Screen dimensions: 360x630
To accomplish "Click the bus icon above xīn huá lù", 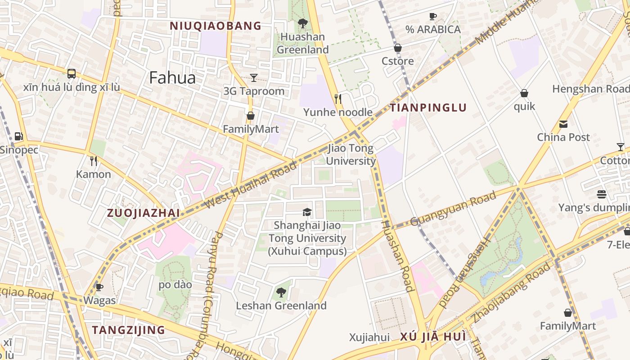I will click(x=71, y=74).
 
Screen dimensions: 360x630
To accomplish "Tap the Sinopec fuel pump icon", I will click(x=18, y=136).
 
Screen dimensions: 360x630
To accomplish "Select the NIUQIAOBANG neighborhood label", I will click(x=215, y=26).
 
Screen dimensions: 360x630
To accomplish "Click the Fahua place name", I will click(x=172, y=78).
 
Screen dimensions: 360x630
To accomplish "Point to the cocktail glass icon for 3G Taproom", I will click(x=254, y=78).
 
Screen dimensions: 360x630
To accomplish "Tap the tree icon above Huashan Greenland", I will click(x=302, y=23).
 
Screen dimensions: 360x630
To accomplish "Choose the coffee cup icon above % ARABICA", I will click(x=432, y=17).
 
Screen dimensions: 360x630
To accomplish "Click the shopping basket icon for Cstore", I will click(x=398, y=48).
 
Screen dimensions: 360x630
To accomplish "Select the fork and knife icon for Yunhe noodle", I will click(x=338, y=99).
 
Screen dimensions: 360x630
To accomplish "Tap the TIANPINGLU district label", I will click(x=428, y=108).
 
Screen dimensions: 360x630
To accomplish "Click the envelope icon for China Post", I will click(x=563, y=124).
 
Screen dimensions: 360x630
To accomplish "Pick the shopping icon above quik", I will click(x=524, y=93).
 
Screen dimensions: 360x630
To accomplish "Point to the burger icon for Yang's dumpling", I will click(x=602, y=194).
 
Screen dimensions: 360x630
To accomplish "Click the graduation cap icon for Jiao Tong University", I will click(x=307, y=212).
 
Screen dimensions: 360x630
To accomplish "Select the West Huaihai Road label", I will click(x=251, y=185).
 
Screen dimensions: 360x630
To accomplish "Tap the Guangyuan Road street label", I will click(x=453, y=207).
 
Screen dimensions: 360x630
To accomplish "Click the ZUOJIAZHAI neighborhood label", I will click(x=143, y=213).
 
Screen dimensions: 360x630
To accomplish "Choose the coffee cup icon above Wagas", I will click(x=99, y=287).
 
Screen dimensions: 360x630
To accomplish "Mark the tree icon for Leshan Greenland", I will click(x=281, y=292).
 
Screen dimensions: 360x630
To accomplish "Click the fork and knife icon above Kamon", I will click(x=94, y=161).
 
